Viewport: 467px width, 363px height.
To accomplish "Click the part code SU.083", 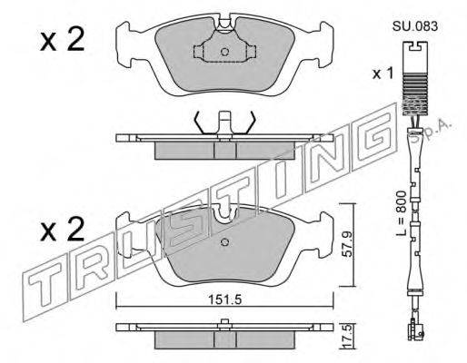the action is (x=415, y=26).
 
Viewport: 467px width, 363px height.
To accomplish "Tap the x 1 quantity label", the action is (x=383, y=74).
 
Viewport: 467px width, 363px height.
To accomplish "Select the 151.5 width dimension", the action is (x=224, y=299).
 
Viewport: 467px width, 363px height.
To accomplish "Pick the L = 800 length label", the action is (x=401, y=213).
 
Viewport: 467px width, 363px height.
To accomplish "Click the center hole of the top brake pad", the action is (x=224, y=52).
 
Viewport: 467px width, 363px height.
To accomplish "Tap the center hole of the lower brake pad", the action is (x=225, y=242).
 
